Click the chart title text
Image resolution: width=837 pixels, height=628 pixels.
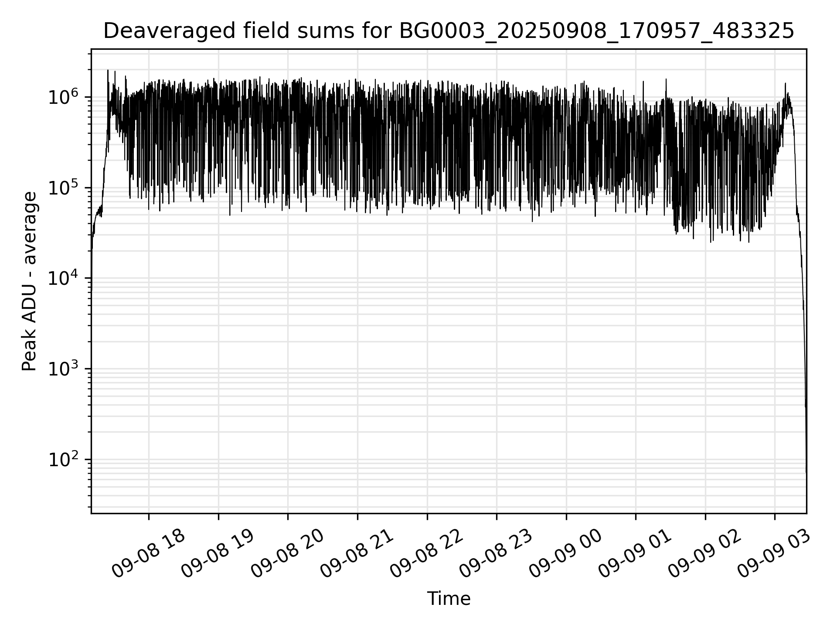click(449, 31)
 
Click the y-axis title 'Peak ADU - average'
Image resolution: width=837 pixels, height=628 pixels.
click(29, 282)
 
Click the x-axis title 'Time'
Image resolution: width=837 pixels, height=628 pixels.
click(449, 598)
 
